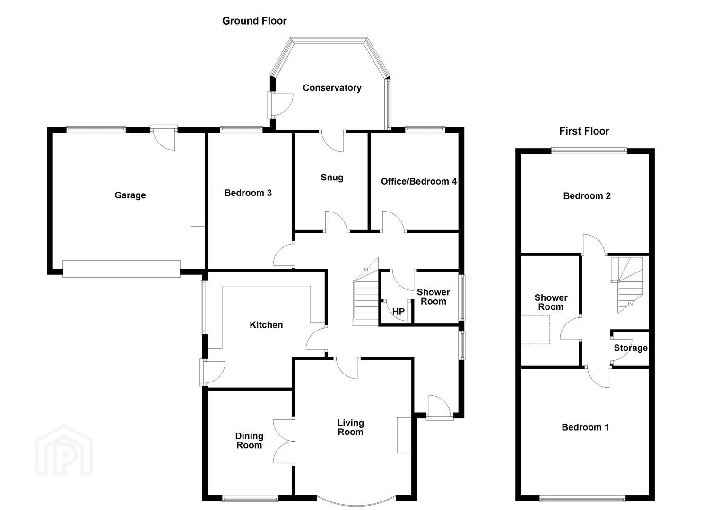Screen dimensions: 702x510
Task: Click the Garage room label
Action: pos(130,195)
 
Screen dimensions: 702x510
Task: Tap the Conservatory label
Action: pos(332,88)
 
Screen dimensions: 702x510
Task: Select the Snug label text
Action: pos(332,178)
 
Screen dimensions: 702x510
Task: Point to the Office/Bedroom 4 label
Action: pos(418,182)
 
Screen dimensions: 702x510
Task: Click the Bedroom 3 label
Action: pos(248,193)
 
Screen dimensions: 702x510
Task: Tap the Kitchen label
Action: pos(266,325)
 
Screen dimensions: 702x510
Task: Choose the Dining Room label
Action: pos(249,441)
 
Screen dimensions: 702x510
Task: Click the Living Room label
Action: pos(350,427)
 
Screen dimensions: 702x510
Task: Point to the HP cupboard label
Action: pos(399,312)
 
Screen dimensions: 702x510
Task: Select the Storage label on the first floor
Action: pos(631,348)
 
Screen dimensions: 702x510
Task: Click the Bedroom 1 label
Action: pos(585,427)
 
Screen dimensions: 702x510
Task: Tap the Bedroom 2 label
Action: pos(587,196)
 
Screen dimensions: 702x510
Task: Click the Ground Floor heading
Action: pos(254,21)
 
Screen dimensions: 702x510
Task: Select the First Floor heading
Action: pos(584,131)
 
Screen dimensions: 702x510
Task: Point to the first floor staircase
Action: pos(627,285)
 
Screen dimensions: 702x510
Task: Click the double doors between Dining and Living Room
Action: pos(284,441)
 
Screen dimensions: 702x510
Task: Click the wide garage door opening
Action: pos(121,269)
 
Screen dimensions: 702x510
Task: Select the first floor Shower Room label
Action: pos(551,302)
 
